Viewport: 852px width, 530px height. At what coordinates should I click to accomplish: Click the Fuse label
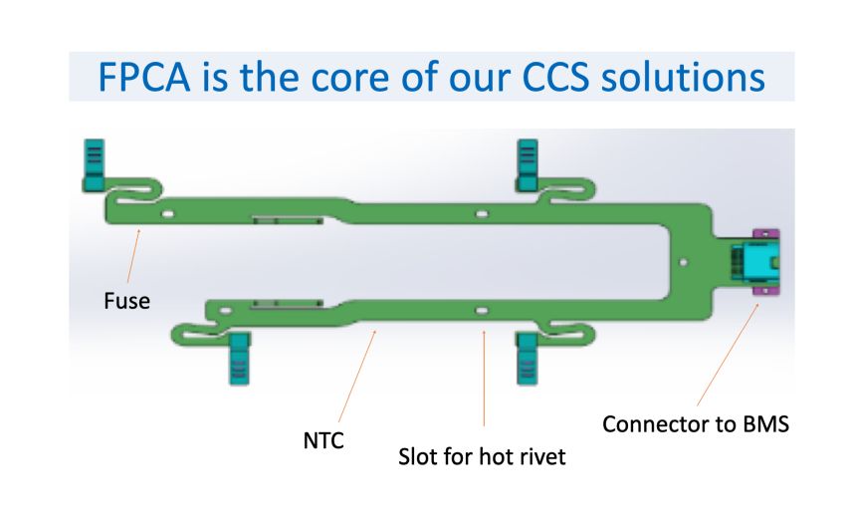(126, 299)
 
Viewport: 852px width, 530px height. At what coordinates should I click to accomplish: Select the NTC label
(323, 438)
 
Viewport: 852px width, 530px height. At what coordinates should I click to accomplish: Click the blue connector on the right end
(756, 262)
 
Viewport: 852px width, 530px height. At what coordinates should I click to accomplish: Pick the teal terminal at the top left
(92, 165)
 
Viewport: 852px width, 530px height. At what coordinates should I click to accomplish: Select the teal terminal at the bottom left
(239, 359)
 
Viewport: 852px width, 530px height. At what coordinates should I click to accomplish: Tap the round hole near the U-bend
(683, 262)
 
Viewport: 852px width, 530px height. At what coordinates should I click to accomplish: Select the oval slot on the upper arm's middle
(483, 212)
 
